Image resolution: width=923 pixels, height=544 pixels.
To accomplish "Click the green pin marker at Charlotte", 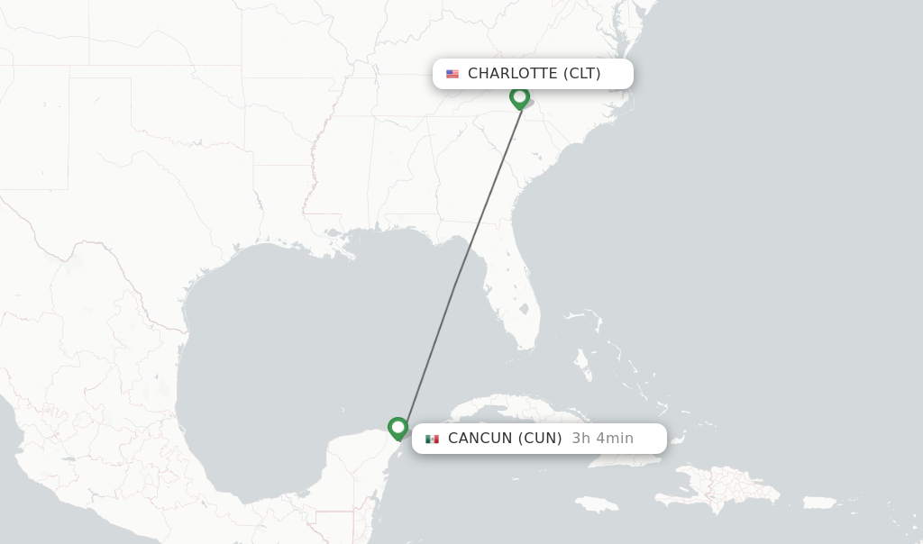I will coord(519,96).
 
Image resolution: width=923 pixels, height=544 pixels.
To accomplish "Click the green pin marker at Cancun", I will coord(398,428).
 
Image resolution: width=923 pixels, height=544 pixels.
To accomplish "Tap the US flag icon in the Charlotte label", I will coord(452,74).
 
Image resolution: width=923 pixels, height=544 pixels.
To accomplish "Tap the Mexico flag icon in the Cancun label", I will coord(432,439).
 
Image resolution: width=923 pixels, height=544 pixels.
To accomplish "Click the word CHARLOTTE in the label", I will coord(512,74).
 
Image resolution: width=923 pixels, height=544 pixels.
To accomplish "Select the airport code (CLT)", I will coord(581,74).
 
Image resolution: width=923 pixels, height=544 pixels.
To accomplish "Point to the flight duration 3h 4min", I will coord(602,439).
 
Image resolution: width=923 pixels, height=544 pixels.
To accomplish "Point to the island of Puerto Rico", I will coord(819,503).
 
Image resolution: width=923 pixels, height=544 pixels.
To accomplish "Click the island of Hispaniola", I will coord(721,491).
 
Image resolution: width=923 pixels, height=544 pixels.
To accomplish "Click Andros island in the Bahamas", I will coord(583,365).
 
